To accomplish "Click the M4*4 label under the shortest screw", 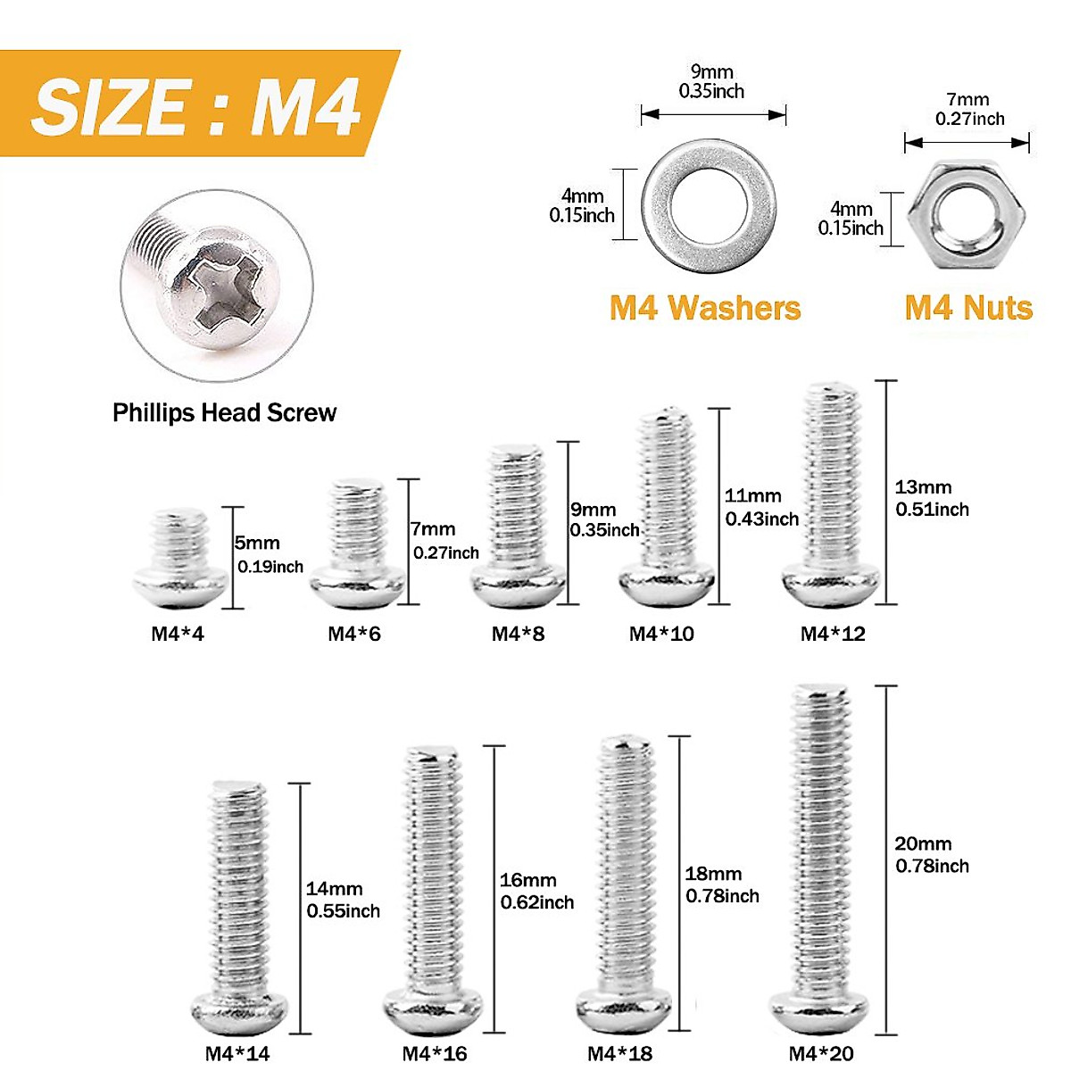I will tap(178, 634).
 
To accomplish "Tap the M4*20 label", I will tap(821, 1054).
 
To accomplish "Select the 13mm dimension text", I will tap(923, 487).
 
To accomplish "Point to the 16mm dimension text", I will tap(527, 880).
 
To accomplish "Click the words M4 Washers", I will tap(705, 308).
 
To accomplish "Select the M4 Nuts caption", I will tap(968, 308).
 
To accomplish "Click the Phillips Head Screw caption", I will tap(224, 412).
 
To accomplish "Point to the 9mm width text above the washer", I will tap(711, 72).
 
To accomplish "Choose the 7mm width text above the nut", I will tap(968, 100).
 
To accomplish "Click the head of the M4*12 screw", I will tap(833, 585).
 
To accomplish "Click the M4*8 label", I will tap(518, 634).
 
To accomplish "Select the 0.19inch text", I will tap(270, 567).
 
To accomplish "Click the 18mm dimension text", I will tap(713, 875).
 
